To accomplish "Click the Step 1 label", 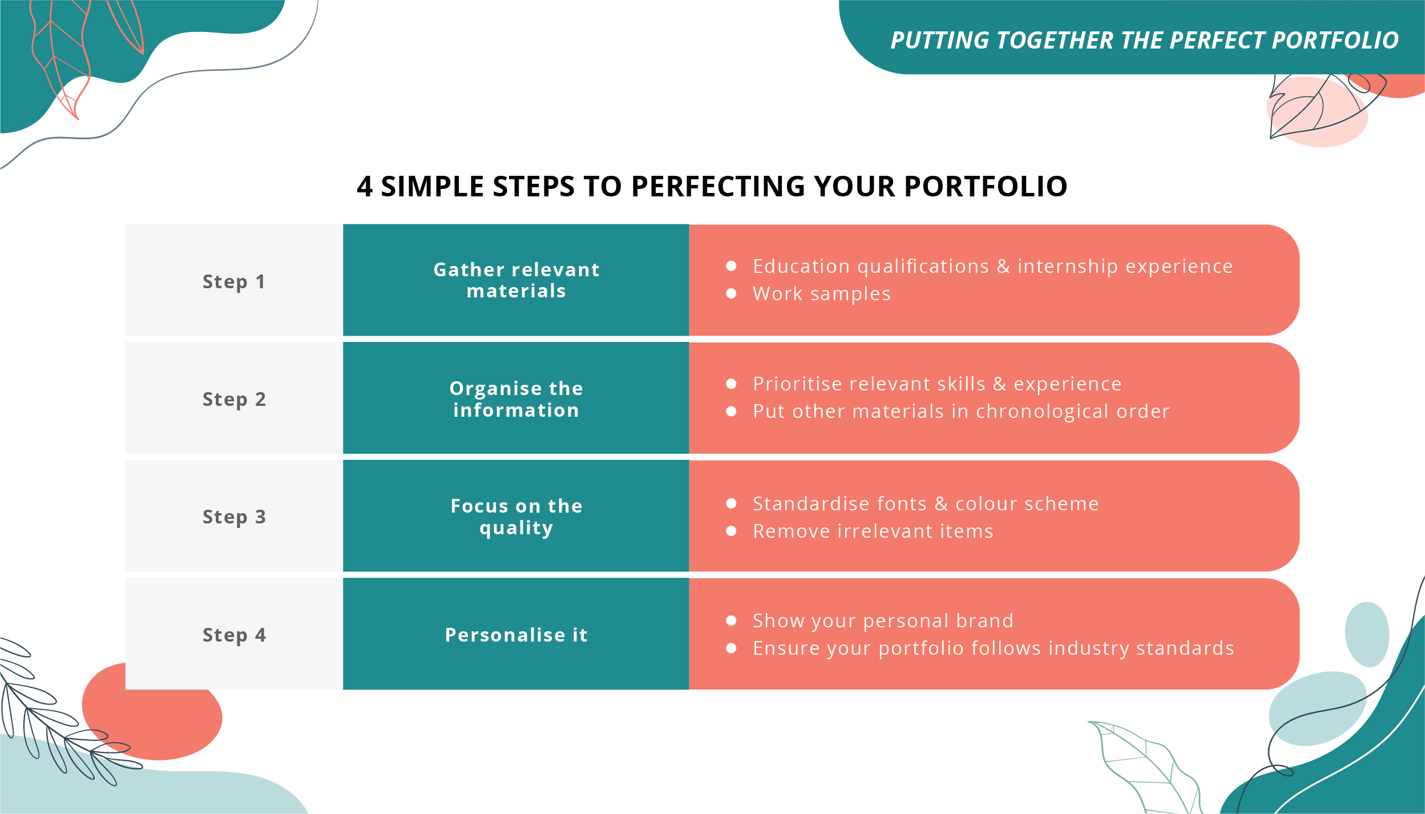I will click(x=234, y=281).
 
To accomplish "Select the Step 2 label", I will click(x=234, y=399).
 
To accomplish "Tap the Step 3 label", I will click(x=234, y=517).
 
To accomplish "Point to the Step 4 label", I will click(x=234, y=635).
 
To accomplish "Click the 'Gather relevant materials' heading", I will click(x=516, y=280).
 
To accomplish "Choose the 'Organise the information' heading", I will click(x=516, y=399).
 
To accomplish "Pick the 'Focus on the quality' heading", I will click(x=516, y=517).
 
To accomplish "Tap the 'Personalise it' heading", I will click(x=516, y=635).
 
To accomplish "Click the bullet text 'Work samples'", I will click(x=821, y=294).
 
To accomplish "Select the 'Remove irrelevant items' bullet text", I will click(x=873, y=531).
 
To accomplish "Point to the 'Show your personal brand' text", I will click(x=883, y=620).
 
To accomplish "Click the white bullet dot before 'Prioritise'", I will click(x=731, y=384).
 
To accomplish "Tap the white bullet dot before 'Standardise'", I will click(x=731, y=503).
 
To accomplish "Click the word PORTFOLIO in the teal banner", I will click(x=1335, y=41).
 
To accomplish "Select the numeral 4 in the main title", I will click(x=365, y=187).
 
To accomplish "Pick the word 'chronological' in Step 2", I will click(x=1042, y=412).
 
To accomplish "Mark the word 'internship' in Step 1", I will click(x=1068, y=267).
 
